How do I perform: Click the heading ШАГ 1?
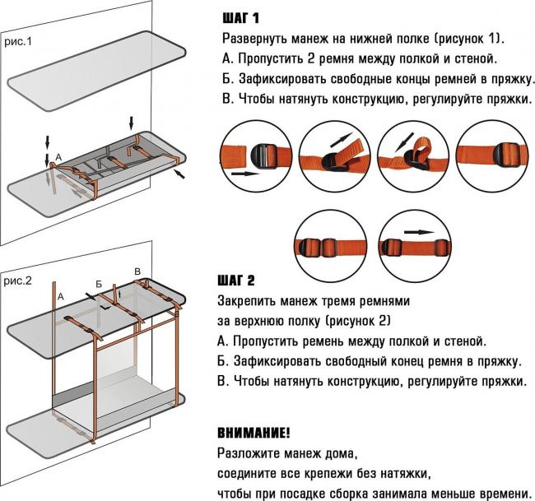244,18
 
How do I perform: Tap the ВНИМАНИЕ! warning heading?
254,432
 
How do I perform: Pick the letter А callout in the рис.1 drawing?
57,156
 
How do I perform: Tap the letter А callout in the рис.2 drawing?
60,292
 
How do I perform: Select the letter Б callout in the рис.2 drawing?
98,284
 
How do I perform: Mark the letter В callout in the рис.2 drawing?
137,271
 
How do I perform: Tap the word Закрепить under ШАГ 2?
248,300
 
